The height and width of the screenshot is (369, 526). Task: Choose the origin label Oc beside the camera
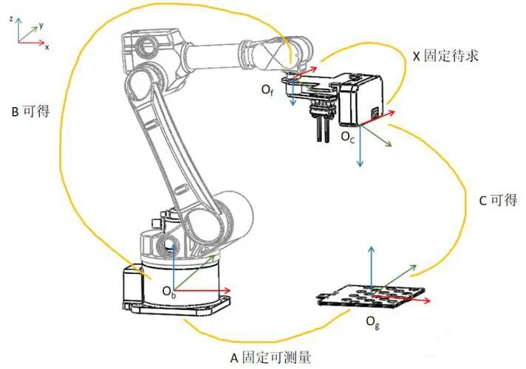(x=347, y=137)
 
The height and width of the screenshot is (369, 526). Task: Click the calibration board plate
(x=369, y=295)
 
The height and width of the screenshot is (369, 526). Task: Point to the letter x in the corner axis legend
(x=47, y=47)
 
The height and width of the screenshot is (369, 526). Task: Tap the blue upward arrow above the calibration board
(x=371, y=269)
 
